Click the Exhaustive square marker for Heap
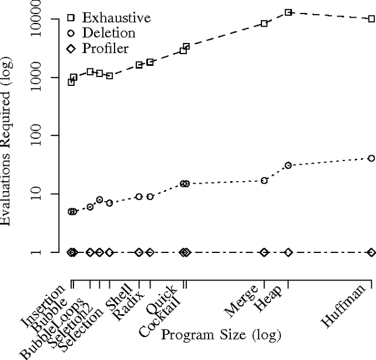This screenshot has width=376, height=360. coord(288,12)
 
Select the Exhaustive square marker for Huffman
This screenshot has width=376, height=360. coord(371,19)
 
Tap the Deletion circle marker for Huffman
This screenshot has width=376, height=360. coord(371,158)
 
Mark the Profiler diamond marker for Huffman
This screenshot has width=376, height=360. coord(371,252)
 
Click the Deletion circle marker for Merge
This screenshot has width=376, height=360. coord(264,181)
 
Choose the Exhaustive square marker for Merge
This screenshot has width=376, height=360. coord(264,24)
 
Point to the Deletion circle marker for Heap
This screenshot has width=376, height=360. coord(288,165)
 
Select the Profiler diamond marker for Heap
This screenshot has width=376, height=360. coord(288,252)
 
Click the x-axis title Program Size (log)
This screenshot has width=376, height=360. coord(221,336)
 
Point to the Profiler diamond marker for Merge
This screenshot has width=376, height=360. coord(264,252)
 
